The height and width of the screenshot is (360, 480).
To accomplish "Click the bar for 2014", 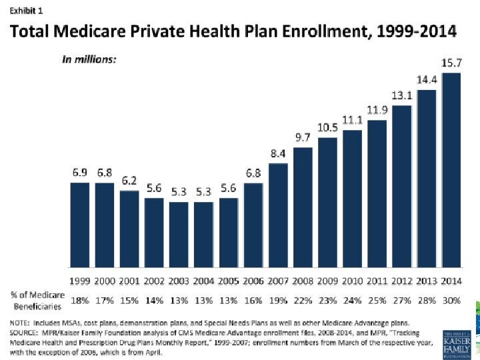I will (451, 170).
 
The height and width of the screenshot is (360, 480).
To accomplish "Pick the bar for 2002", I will (154, 233).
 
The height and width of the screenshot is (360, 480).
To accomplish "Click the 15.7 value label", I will (451, 63).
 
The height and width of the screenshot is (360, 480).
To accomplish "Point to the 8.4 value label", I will (278, 154).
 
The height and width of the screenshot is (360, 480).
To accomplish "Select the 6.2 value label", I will (129, 181).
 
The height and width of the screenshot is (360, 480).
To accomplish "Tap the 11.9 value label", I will (377, 109).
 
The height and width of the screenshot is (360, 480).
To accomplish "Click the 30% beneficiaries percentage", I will (451, 301).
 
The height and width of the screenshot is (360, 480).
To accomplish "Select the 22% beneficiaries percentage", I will (303, 301).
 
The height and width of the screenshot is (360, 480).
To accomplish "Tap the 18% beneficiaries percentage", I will (80, 301).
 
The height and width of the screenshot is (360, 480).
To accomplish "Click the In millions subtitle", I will (89, 59).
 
